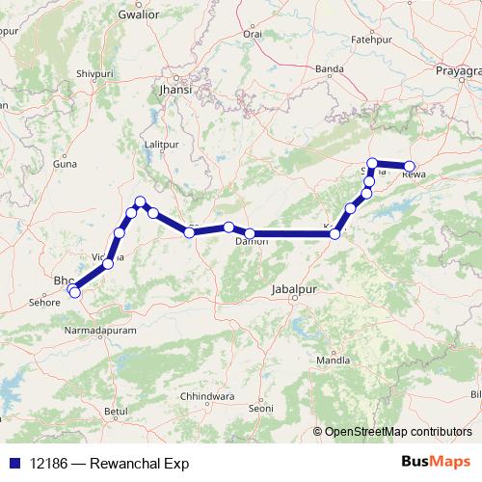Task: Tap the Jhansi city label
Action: coord(176,89)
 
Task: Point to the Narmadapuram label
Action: coord(99,330)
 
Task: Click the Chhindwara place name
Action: coord(194,396)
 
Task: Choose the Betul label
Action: coord(116,412)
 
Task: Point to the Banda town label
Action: coord(330,69)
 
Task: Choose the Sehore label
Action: coord(44,302)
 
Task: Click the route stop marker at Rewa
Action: coord(410,166)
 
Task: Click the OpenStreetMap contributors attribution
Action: coord(398,432)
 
